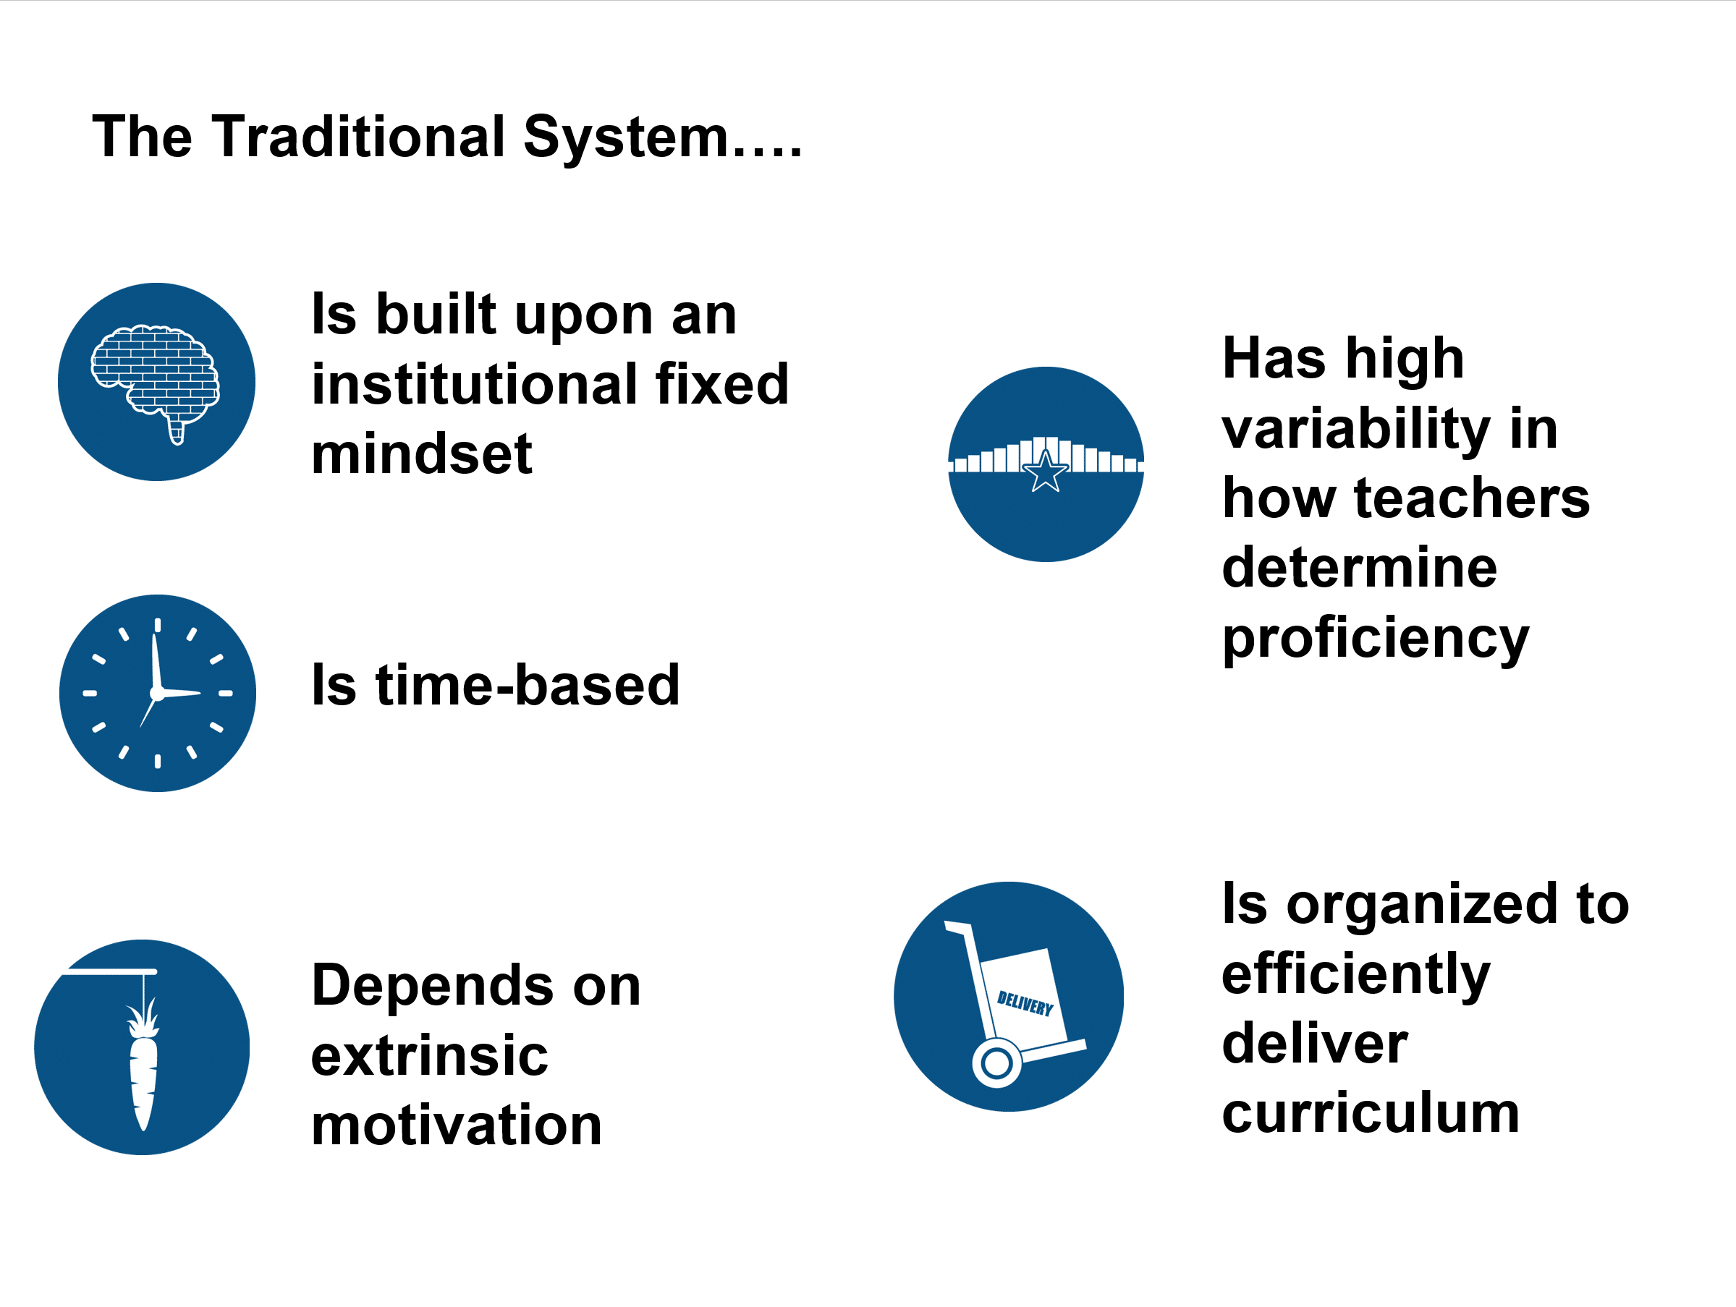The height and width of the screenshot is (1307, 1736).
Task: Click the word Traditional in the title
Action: click(358, 137)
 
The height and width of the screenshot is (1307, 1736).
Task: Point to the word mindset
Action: click(421, 454)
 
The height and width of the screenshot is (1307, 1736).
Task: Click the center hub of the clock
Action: click(157, 694)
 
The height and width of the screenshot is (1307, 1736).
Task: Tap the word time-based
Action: click(495, 685)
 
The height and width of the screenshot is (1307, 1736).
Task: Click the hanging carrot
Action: click(143, 1065)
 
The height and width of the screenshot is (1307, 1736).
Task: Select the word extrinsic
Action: click(429, 1055)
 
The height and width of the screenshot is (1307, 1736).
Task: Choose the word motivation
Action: click(456, 1125)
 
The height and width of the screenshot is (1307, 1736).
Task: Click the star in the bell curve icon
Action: click(1046, 472)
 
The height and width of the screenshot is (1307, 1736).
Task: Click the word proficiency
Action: click(1375, 640)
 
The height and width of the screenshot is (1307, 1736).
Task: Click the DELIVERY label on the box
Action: click(1024, 1003)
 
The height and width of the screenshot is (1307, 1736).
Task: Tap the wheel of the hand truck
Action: click(996, 1064)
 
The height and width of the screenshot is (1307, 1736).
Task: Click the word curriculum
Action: click(1371, 1113)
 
